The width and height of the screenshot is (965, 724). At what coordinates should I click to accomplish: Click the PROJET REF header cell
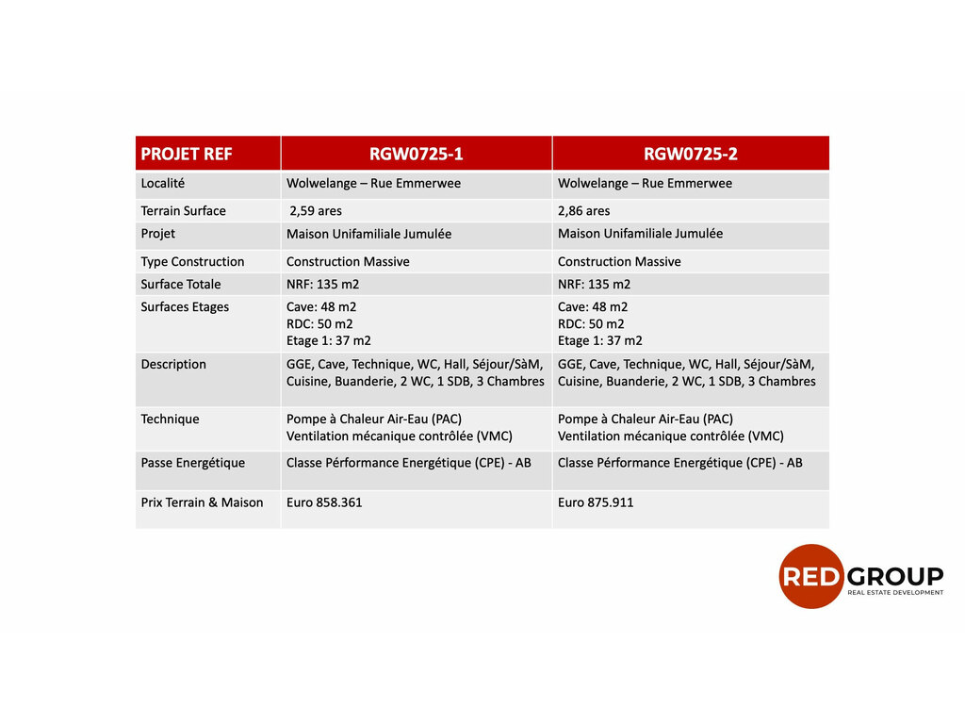click(x=187, y=154)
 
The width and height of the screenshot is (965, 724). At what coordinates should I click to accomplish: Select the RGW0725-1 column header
click(x=416, y=154)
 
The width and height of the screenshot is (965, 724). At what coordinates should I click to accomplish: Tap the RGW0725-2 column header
click(x=690, y=154)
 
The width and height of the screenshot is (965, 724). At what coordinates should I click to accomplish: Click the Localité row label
click(x=162, y=183)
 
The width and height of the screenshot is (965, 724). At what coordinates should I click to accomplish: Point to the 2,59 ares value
click(x=316, y=211)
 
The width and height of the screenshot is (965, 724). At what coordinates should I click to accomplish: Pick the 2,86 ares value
click(x=584, y=211)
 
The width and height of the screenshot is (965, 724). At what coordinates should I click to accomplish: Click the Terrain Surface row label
click(x=184, y=211)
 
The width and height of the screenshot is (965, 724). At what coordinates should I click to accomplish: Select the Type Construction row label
click(x=192, y=262)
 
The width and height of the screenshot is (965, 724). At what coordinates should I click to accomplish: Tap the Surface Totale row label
click(x=181, y=285)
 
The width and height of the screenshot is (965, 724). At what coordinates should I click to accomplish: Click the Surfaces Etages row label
click(x=185, y=307)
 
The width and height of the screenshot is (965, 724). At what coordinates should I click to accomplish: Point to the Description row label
click(x=173, y=365)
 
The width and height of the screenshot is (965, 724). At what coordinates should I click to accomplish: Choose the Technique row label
click(x=170, y=420)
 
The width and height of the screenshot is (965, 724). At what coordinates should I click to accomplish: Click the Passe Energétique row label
click(x=192, y=463)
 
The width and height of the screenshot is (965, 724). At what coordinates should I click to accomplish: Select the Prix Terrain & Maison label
click(x=202, y=502)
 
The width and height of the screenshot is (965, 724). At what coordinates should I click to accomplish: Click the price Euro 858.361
click(x=324, y=502)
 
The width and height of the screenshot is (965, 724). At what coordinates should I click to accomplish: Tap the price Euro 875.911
click(x=596, y=502)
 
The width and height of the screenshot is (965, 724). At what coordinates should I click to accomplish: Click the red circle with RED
click(x=810, y=576)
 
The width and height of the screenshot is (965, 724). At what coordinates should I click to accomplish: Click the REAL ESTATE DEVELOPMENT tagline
click(x=895, y=593)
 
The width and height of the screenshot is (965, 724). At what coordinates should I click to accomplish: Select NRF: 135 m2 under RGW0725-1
click(x=323, y=285)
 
